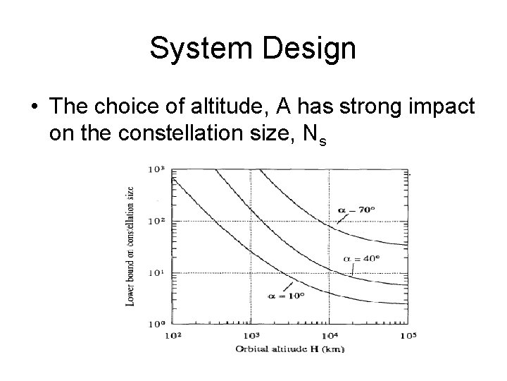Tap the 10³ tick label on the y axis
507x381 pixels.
(x=155, y=169)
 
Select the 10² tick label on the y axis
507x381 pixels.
(x=155, y=221)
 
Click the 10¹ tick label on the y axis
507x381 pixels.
(x=155, y=273)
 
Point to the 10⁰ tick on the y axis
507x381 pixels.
(x=155, y=325)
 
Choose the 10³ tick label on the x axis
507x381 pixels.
(x=251, y=337)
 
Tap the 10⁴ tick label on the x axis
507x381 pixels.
(x=330, y=337)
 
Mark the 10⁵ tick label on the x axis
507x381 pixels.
(x=408, y=337)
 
